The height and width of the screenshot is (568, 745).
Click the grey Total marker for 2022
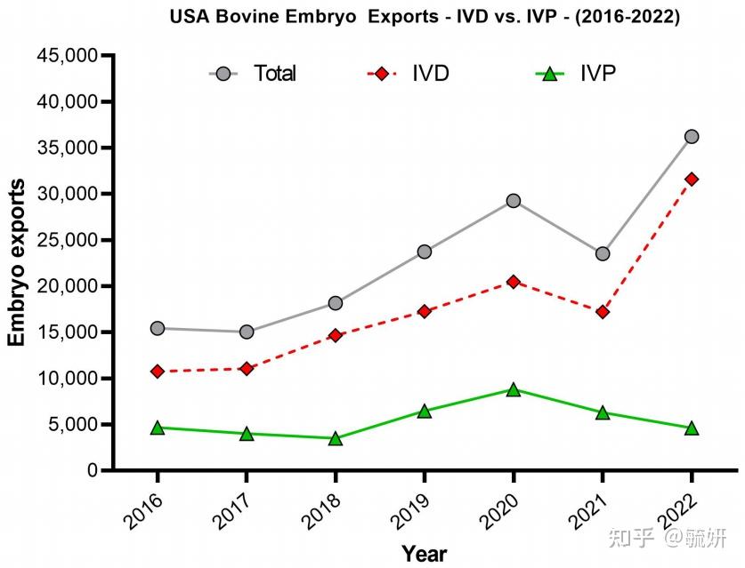pos(692,137)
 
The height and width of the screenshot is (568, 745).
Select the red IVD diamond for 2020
pos(514,282)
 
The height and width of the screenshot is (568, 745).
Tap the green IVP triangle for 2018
pos(336,439)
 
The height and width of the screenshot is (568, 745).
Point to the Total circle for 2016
pos(158,328)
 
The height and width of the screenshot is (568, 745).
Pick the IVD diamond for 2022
pos(692,180)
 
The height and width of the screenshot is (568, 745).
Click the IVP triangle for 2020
pos(514,390)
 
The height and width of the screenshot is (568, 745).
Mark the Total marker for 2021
pos(603,254)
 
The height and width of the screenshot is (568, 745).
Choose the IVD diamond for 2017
pos(247,368)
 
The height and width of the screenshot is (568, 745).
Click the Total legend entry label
pos(275,74)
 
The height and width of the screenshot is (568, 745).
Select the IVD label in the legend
pos(431,74)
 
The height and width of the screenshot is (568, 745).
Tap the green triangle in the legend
pos(550,74)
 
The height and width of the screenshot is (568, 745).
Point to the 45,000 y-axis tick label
pos(68,56)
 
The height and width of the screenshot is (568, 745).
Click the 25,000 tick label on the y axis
pos(68,240)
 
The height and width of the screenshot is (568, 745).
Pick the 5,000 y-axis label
pos(73,424)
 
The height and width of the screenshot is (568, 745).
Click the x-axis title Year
pos(425,554)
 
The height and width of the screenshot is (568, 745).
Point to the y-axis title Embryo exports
pos(16,262)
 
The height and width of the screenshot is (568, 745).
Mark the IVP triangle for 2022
pos(692,428)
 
